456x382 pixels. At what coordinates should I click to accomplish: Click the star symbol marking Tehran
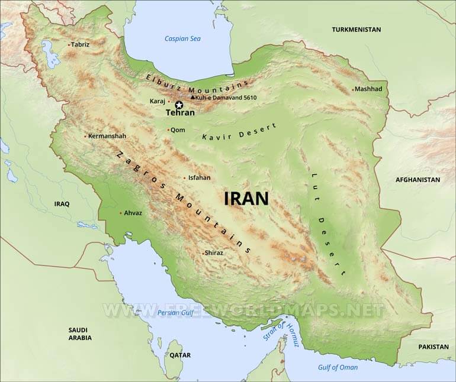pyautogui.click(x=179, y=105)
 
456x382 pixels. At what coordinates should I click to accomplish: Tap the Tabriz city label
pyautogui.click(x=80, y=44)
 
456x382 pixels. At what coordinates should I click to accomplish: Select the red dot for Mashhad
pyautogui.click(x=354, y=90)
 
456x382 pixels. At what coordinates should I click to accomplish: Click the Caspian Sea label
pyautogui.click(x=182, y=39)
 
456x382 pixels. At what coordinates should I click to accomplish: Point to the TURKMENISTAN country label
pyautogui.click(x=356, y=29)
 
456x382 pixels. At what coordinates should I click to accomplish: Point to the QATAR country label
pyautogui.click(x=181, y=355)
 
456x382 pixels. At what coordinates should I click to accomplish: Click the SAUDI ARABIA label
pyautogui.click(x=80, y=334)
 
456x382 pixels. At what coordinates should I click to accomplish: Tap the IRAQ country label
pyautogui.click(x=62, y=204)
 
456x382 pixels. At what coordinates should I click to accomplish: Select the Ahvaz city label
pyautogui.click(x=133, y=213)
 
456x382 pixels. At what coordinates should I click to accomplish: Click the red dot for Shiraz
pyautogui.click(x=202, y=253)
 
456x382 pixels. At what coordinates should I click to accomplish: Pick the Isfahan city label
pyautogui.click(x=199, y=177)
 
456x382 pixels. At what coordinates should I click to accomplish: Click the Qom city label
pyautogui.click(x=177, y=130)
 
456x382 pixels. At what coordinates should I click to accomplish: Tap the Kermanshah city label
pyautogui.click(x=107, y=136)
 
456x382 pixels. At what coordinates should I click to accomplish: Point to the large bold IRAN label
pyautogui.click(x=246, y=198)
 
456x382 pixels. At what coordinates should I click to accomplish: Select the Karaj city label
pyautogui.click(x=157, y=101)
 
